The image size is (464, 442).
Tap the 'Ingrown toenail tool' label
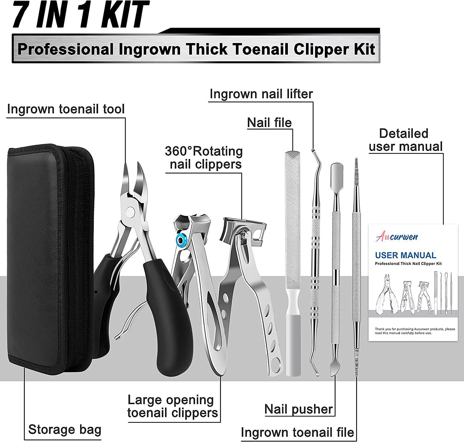coord(66,109)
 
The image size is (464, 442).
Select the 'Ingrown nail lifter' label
coord(261,94)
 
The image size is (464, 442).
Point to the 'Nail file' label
coord(269,122)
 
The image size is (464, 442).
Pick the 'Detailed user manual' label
coord(406,140)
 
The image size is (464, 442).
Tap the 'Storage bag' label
coord(65,430)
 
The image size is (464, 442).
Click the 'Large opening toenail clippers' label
coord(172,406)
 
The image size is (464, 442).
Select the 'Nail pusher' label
coord(299,409)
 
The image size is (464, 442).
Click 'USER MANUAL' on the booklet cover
coord(406,255)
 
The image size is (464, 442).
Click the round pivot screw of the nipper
coord(131,212)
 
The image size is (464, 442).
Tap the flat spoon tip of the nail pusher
coord(335,170)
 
